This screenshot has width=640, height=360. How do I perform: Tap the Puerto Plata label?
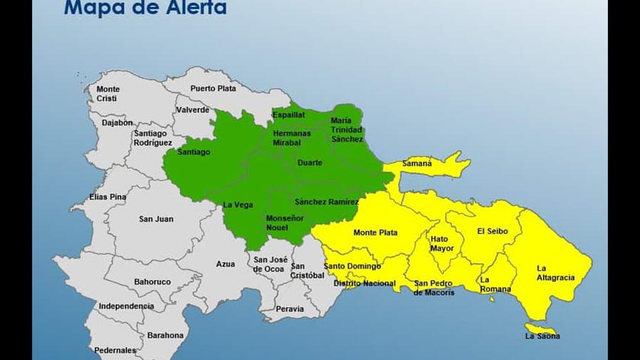[212, 89]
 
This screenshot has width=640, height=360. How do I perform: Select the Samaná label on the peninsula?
[416, 164]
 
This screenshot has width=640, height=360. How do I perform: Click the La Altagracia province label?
[555, 273]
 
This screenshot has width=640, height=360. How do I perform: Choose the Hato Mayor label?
[441, 244]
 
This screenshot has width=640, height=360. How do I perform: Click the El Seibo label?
[492, 231]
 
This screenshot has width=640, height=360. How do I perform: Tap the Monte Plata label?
[375, 233]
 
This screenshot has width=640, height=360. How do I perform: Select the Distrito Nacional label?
[364, 284]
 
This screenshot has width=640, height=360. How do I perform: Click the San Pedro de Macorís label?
[434, 288]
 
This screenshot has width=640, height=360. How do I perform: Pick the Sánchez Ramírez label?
[326, 202]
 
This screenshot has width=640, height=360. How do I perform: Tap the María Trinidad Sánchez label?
[346, 130]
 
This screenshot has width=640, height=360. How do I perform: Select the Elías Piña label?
[108, 196]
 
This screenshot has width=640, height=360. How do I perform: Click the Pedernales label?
[115, 351]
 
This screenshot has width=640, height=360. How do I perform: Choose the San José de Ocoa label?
[269, 264]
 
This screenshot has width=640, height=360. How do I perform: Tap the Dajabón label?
[116, 123]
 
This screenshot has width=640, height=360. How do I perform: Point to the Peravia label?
[289, 309]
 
